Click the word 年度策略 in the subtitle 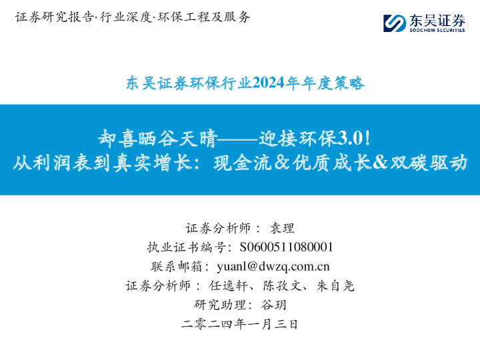(x=340, y=83)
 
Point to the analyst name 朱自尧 (x=335, y=286)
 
